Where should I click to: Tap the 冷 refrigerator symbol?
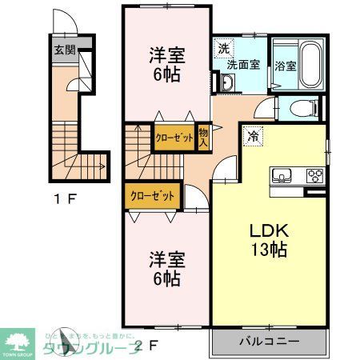tap(254, 136)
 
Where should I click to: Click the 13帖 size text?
tap(269, 248)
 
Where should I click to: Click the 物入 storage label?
tap(203, 137)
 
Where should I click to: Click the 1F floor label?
tap(65, 199)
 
